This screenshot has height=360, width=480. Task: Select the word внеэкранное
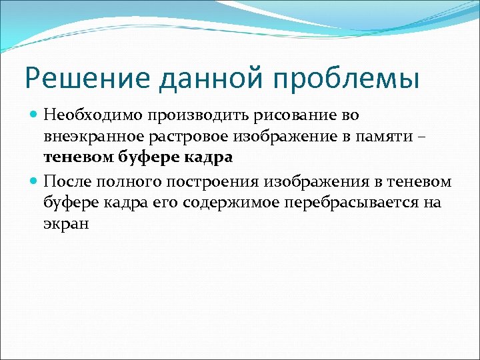pos(89,137)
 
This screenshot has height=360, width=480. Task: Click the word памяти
pos(392,137)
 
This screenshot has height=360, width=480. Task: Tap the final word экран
pos(66,225)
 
